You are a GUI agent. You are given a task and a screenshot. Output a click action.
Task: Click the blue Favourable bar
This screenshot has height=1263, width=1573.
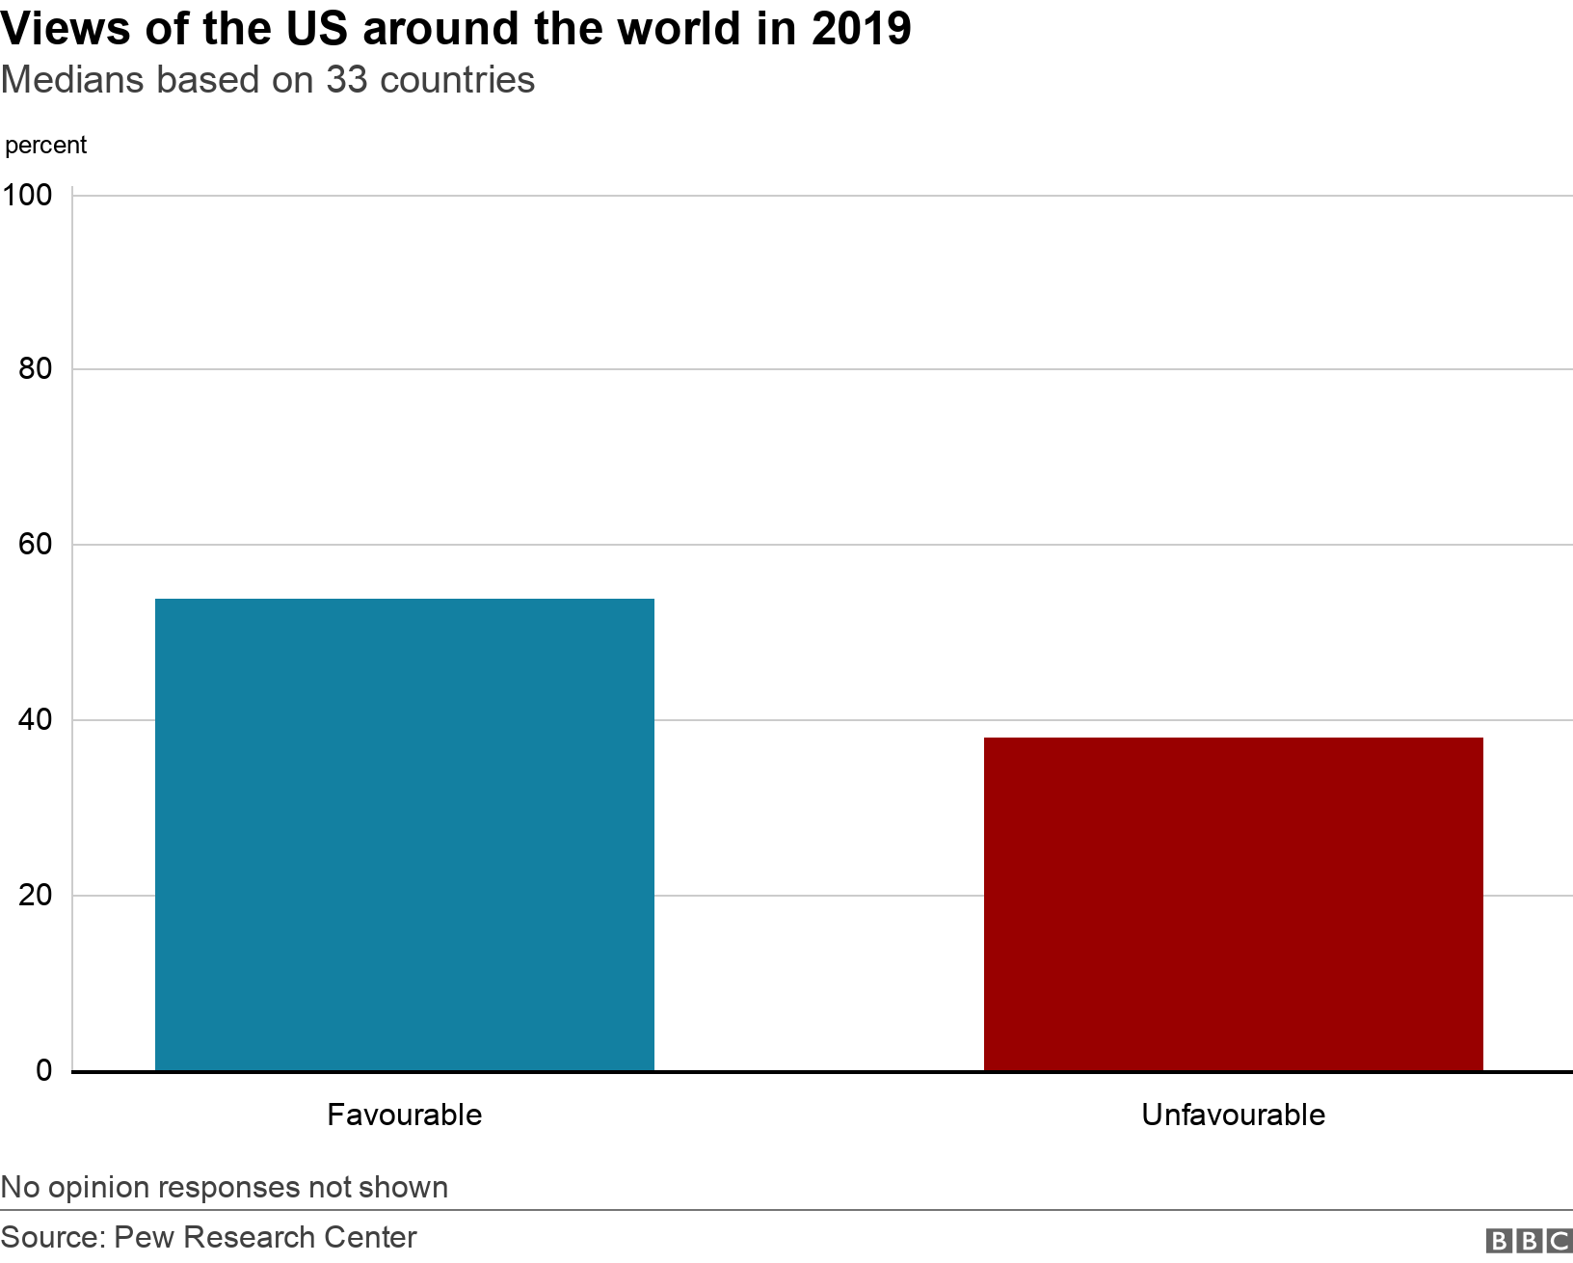click(405, 834)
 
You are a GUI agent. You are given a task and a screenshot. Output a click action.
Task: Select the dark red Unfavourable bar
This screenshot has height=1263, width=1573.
click(1233, 903)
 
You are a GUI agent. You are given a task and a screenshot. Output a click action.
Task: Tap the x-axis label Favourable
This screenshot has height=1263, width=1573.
click(405, 1115)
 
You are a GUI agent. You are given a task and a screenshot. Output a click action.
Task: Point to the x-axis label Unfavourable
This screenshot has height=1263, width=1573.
click(1233, 1115)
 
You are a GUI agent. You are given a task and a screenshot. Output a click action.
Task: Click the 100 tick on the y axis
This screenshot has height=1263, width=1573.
click(27, 195)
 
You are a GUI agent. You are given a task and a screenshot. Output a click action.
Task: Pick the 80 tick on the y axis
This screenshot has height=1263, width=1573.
click(36, 368)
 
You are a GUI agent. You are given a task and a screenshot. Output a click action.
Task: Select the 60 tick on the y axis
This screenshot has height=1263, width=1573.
click(36, 544)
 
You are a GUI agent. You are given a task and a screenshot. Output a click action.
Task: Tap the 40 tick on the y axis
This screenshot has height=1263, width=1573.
click(36, 719)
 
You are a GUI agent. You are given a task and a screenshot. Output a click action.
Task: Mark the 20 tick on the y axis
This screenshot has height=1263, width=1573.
click(36, 895)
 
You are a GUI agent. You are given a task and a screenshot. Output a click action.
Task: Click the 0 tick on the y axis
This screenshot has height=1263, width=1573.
click(44, 1070)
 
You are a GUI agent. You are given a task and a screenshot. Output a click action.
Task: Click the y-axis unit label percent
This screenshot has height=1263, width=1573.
click(45, 146)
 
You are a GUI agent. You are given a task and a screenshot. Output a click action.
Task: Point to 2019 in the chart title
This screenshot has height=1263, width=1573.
click(861, 29)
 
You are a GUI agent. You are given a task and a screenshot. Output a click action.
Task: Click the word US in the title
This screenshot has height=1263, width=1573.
click(317, 29)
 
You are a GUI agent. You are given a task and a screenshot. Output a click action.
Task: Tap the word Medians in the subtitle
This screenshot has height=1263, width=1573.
click(73, 80)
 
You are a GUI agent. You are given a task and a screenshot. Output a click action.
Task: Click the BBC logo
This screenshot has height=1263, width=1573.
click(1529, 1240)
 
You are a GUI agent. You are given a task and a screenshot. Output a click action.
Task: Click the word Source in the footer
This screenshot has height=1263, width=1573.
click(52, 1237)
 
